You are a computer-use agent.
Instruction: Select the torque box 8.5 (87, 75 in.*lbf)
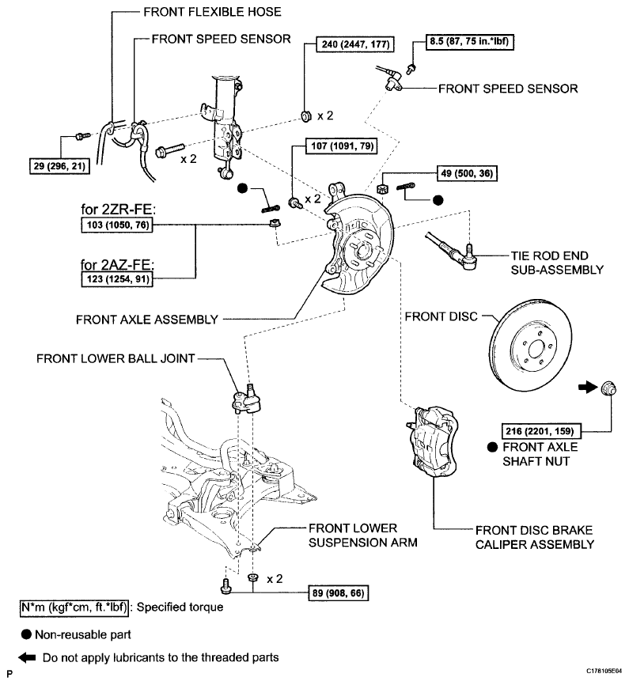pos(469,41)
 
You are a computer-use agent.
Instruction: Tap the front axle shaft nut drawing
pos(608,388)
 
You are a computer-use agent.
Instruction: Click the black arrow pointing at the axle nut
pos(588,387)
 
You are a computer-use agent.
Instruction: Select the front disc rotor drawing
pos(531,345)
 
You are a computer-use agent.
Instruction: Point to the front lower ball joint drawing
pos(247,399)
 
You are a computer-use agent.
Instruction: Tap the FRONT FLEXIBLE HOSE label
pos(212,12)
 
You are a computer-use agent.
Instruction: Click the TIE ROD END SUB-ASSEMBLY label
pos(557,263)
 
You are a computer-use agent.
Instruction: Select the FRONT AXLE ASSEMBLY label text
pos(147,320)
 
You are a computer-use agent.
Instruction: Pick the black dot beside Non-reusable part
pos(26,634)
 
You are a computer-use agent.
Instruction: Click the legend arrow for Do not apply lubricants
pos(27,657)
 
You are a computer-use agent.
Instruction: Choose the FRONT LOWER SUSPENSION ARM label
pos(363,536)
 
